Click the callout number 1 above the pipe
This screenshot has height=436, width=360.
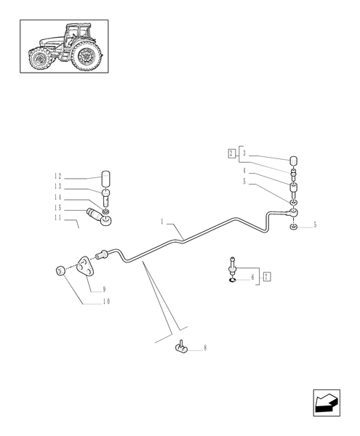coord(164,220)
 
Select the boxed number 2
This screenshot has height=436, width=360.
coord(231,153)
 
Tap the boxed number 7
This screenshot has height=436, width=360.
coord(267,277)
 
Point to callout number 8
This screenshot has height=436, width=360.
coord(205,349)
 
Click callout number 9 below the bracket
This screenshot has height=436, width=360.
coord(104,288)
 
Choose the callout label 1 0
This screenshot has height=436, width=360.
coord(105,302)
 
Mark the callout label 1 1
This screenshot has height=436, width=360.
coord(57,217)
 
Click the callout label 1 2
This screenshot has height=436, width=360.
coord(57,177)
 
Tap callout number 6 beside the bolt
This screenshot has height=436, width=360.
coord(252,277)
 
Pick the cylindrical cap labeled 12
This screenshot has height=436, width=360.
coord(107,177)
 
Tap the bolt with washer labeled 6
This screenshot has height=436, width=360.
coord(232,267)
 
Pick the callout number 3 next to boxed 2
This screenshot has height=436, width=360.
coord(244,153)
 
